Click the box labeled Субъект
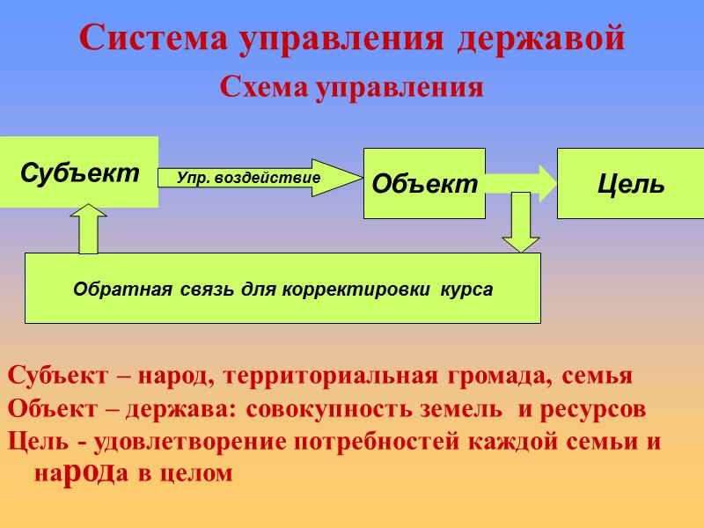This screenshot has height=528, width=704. pos(79,172)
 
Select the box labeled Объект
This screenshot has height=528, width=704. pos(424,183)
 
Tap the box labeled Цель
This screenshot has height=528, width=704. pos(630,183)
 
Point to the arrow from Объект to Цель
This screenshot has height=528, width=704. pos(521,182)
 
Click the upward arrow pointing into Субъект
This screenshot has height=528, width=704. pos(87,229)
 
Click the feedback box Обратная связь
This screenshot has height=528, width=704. pos(282,288)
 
